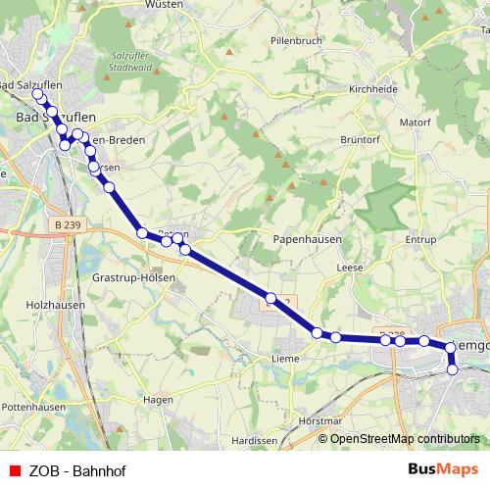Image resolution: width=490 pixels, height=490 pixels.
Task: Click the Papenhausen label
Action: click(x=304, y=239)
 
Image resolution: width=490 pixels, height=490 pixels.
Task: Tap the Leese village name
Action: click(x=350, y=267)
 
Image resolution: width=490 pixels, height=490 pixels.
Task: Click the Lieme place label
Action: click(x=283, y=359)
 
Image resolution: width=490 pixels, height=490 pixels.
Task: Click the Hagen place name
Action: click(x=158, y=400)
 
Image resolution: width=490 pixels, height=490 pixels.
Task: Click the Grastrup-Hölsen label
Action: click(x=132, y=278)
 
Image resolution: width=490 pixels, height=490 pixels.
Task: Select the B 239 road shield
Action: click(x=68, y=224)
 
